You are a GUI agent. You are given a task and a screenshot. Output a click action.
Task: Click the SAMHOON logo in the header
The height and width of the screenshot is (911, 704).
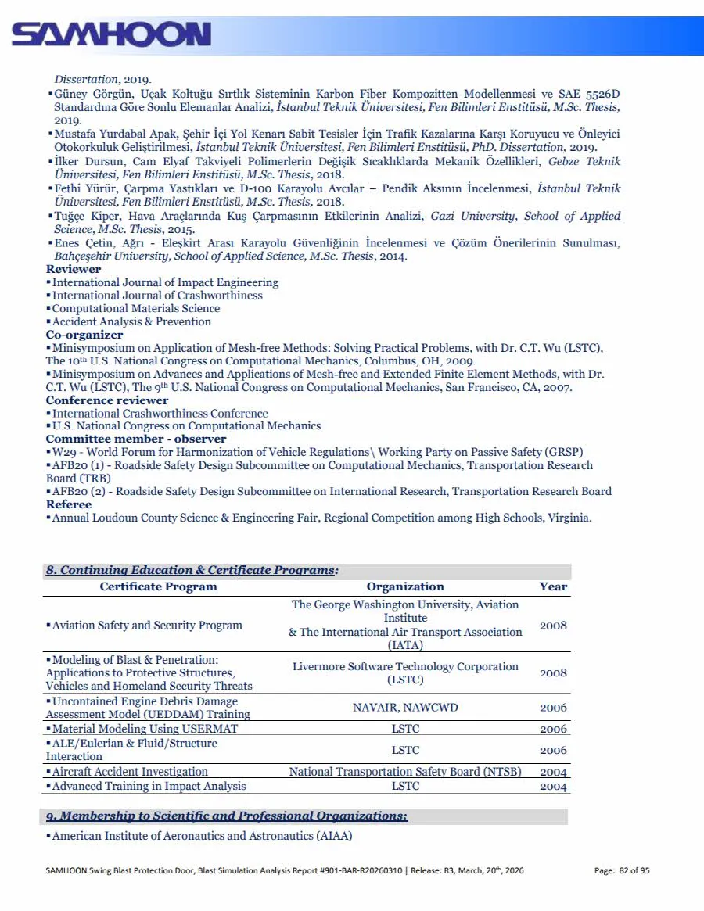coord(111,34)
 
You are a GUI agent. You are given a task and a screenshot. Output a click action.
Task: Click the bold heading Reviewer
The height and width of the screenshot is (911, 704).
coord(74,269)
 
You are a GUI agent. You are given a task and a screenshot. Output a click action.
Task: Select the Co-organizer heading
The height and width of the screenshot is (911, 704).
coord(84,335)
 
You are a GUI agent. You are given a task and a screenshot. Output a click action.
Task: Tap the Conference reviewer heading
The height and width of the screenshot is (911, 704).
coord(107,400)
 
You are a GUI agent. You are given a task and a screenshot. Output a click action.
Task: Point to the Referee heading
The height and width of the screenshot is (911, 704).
coord(69,504)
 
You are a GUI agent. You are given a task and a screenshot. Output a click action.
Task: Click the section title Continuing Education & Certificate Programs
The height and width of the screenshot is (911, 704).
coord(192,570)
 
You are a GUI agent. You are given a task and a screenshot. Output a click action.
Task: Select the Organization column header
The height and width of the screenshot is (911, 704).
coord(404,586)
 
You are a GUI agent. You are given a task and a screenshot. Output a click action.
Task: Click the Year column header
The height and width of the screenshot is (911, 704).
coord(553,586)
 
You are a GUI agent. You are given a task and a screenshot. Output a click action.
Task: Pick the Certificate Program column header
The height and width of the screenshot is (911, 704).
coord(158,586)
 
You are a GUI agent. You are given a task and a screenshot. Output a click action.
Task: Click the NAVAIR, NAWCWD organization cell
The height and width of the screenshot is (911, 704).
coord(405,708)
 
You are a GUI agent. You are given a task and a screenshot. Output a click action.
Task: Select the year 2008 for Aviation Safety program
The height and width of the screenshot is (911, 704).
coord(553,626)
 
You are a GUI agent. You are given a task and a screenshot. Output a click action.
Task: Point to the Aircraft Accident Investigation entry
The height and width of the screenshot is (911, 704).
coord(130,772)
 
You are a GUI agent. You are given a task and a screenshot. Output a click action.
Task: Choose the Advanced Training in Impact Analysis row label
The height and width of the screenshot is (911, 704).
coord(149,786)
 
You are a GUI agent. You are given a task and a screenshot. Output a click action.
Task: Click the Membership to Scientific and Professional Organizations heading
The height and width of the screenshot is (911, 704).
coord(226,816)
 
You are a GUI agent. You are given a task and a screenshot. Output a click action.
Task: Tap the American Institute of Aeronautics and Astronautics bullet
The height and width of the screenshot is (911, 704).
coord(202,836)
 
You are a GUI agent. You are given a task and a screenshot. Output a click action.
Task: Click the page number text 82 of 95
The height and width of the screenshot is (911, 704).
coord(634,870)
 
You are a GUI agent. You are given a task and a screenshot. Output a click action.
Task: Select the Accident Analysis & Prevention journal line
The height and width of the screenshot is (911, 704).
coord(131,321)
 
